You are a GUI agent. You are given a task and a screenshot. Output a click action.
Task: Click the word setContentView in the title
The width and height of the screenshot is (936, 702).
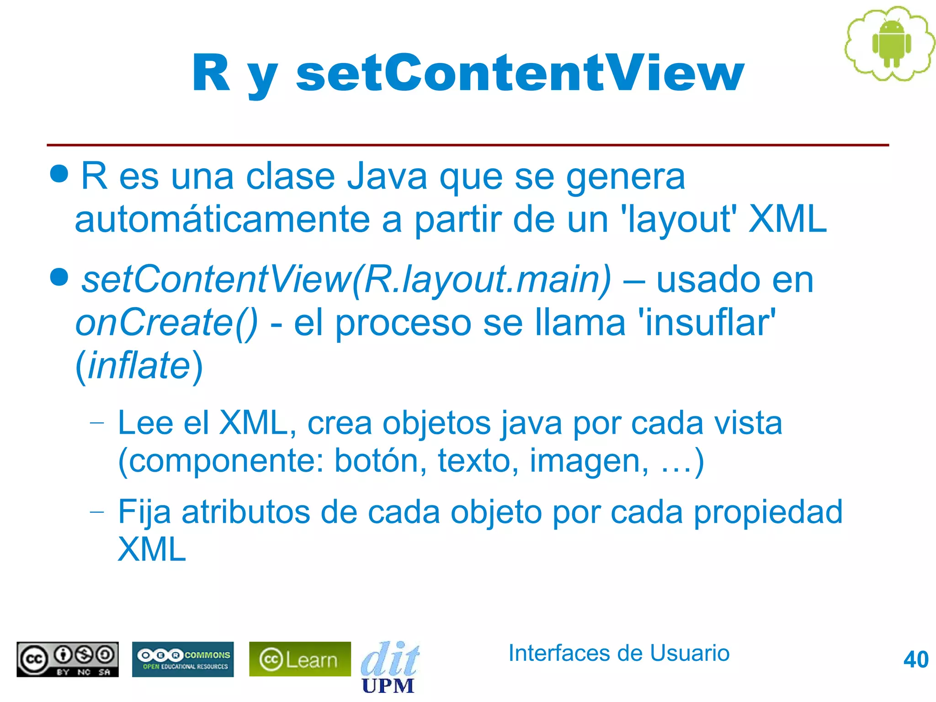click(x=520, y=73)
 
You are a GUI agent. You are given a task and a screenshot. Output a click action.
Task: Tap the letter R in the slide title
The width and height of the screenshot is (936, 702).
click(x=211, y=73)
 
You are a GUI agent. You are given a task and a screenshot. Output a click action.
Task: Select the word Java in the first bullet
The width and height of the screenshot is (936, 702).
click(x=387, y=177)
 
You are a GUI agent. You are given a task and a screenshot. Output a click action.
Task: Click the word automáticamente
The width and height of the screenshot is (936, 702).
click(x=222, y=220)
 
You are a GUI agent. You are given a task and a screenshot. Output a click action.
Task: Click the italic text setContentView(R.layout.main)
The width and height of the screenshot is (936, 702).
click(x=346, y=279)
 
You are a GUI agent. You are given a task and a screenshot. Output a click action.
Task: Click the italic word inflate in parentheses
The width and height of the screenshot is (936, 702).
click(x=138, y=366)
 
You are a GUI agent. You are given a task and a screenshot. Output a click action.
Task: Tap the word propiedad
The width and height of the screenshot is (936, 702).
click(x=768, y=512)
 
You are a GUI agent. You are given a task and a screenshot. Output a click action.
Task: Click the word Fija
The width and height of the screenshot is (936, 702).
click(x=144, y=512)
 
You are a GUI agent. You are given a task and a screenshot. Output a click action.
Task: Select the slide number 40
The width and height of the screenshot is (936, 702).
click(x=915, y=659)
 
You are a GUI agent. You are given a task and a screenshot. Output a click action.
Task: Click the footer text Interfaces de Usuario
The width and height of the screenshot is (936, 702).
click(x=619, y=653)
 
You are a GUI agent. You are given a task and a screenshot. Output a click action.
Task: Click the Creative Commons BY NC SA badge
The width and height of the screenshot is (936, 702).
click(x=68, y=659)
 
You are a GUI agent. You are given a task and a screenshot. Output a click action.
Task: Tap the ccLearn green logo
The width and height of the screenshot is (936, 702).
click(x=300, y=659)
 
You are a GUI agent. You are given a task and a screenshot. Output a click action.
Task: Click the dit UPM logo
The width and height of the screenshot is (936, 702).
click(x=389, y=667)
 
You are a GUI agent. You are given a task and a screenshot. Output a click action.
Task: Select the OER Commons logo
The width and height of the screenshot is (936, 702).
click(x=183, y=659)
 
